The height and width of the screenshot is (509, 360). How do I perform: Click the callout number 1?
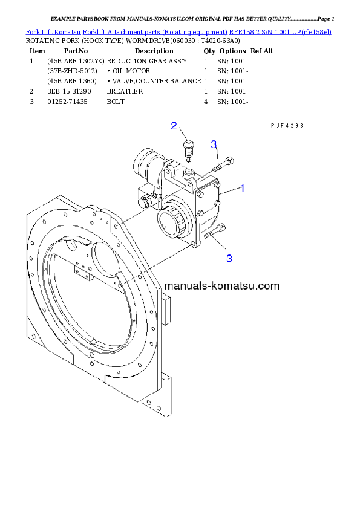(242, 188)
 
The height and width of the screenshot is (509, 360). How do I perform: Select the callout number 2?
(174, 126)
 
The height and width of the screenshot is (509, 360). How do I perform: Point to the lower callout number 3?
(229, 258)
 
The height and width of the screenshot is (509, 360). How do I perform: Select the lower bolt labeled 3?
(217, 231)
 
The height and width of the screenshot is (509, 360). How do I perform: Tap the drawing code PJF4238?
(286, 126)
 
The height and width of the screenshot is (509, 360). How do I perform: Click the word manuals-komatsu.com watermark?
(221, 285)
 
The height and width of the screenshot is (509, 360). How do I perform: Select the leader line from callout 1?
(230, 191)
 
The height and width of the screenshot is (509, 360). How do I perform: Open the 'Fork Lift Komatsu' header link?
(51, 31)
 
